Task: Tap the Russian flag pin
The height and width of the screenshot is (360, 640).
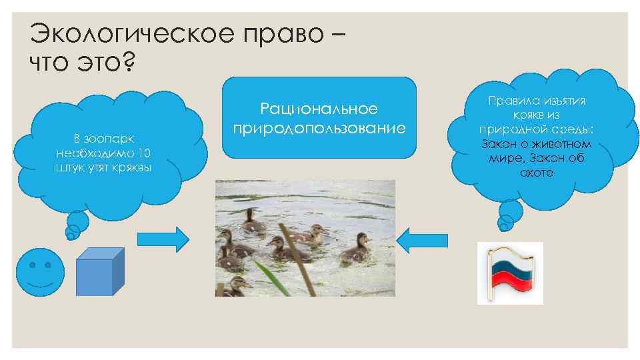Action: (x=510, y=273)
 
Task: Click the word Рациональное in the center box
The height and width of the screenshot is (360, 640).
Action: (x=319, y=109)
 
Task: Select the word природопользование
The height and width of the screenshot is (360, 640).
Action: (x=319, y=127)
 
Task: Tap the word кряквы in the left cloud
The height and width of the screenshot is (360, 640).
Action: (x=134, y=166)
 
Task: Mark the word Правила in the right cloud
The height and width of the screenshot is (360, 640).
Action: (x=509, y=101)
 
